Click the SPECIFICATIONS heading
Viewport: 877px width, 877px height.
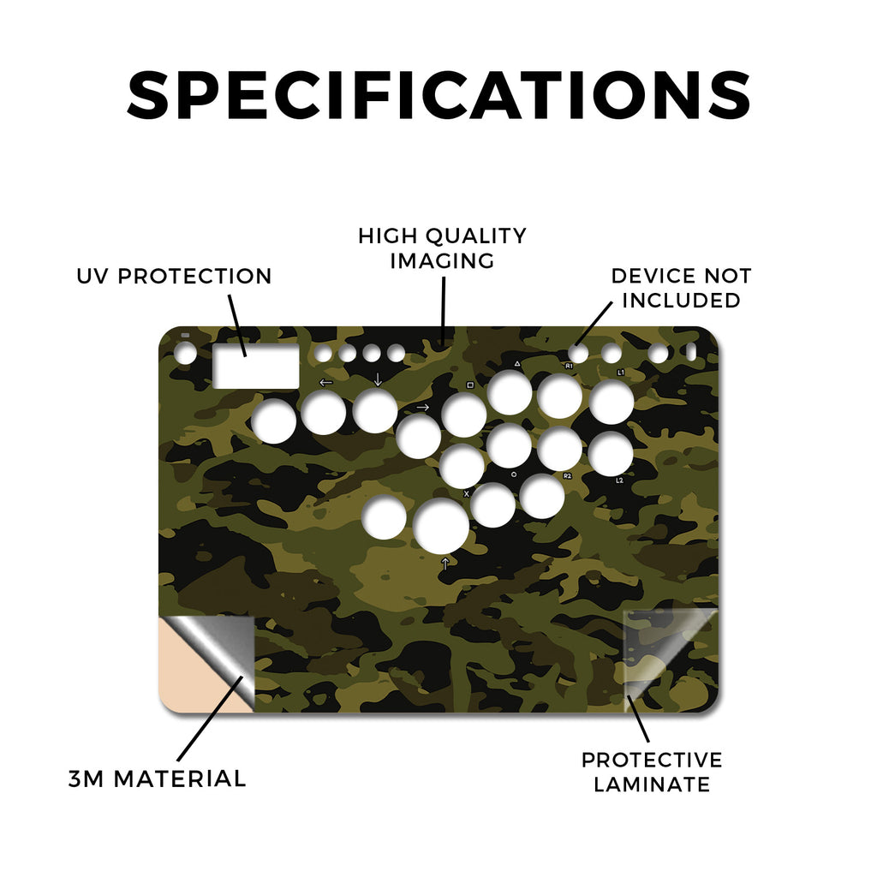(x=438, y=95)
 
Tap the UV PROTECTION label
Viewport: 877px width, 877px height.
(x=174, y=277)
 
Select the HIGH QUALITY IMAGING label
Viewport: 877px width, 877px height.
(x=442, y=248)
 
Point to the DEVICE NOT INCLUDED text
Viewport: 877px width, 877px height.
(x=681, y=288)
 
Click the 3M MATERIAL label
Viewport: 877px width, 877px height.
(x=158, y=779)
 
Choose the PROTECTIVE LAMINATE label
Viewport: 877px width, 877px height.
(x=652, y=773)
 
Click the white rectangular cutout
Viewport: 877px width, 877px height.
(x=256, y=367)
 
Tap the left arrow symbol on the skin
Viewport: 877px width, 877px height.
(x=325, y=383)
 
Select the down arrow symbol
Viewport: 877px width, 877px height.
(x=378, y=379)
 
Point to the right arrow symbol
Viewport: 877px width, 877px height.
(x=423, y=407)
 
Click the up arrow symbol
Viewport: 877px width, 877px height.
(x=445, y=564)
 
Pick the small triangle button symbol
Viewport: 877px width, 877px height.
(x=517, y=363)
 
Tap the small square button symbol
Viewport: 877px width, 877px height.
(x=470, y=385)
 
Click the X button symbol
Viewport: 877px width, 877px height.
(x=467, y=494)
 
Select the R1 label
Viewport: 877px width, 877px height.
(x=569, y=366)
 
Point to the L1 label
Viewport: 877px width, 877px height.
(x=620, y=373)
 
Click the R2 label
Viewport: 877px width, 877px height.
(x=567, y=476)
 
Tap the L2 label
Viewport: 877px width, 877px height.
(x=619, y=480)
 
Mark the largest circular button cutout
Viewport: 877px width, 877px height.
(x=441, y=526)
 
